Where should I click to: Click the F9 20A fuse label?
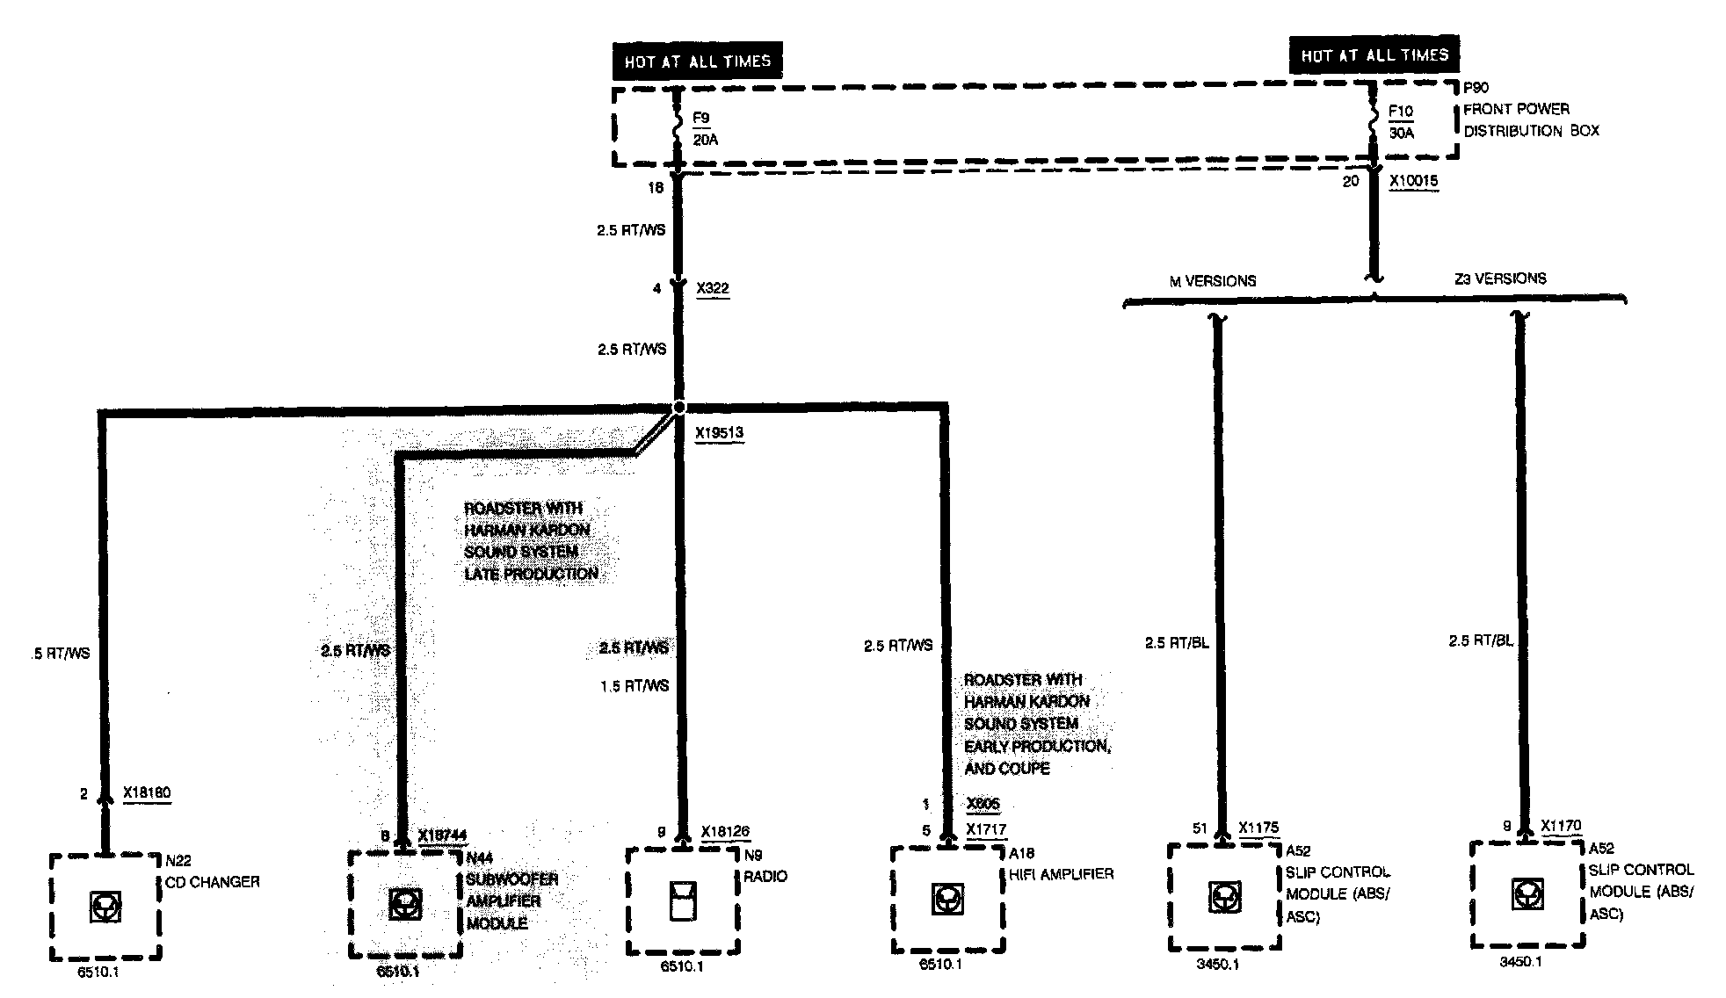(703, 128)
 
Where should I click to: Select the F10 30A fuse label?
(1401, 122)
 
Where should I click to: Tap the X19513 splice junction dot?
(678, 408)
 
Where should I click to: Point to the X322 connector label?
(712, 288)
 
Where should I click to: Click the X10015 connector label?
(1413, 181)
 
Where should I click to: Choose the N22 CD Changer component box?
(105, 907)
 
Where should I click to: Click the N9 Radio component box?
(682, 900)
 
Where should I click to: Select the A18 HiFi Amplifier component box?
(947, 900)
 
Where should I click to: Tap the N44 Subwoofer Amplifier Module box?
(404, 904)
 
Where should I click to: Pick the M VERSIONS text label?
(1212, 281)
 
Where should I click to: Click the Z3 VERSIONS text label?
(1500, 278)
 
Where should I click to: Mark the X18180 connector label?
(147, 792)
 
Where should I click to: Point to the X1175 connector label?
(1258, 827)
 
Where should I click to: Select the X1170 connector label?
(1561, 825)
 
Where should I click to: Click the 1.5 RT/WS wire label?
(635, 685)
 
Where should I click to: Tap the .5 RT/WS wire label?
(60, 653)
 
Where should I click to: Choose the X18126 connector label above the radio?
(725, 831)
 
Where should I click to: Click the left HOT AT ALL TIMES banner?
(697, 61)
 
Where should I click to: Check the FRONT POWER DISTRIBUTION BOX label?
(1530, 119)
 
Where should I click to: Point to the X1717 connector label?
(986, 829)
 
